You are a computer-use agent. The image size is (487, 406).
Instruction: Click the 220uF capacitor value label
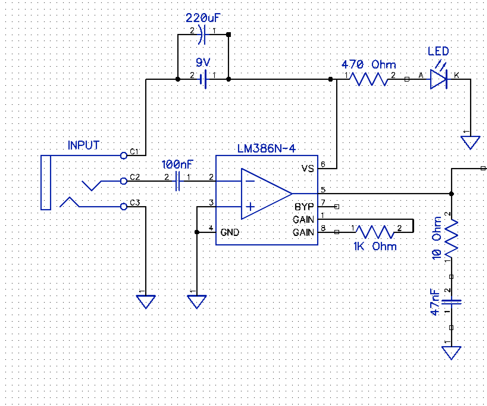[203, 18]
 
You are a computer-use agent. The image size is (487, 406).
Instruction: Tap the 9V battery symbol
[203, 80]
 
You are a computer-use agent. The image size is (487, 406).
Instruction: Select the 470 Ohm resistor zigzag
[368, 79]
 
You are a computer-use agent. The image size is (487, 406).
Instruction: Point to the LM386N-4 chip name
[267, 148]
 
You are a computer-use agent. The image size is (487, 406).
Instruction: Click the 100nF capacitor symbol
[178, 181]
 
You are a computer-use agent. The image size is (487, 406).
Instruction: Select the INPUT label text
[83, 145]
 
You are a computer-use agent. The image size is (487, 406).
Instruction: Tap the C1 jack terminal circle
[124, 155]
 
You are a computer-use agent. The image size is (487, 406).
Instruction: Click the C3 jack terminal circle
[124, 206]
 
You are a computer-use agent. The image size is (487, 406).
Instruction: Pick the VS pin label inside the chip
[308, 169]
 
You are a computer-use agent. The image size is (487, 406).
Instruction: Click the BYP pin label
[304, 207]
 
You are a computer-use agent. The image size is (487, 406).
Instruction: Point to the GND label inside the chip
[230, 232]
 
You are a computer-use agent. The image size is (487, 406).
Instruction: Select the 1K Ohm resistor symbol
[375, 232]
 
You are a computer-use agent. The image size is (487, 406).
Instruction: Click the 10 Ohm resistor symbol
[451, 238]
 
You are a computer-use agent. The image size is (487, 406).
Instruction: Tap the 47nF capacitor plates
[451, 302]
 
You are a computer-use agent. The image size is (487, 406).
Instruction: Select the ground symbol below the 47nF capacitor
[451, 352]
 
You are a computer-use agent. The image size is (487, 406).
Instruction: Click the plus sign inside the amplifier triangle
[250, 206]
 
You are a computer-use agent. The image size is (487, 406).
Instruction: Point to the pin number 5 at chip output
[323, 189]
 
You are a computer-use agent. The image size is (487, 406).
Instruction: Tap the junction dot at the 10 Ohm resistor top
[451, 194]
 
